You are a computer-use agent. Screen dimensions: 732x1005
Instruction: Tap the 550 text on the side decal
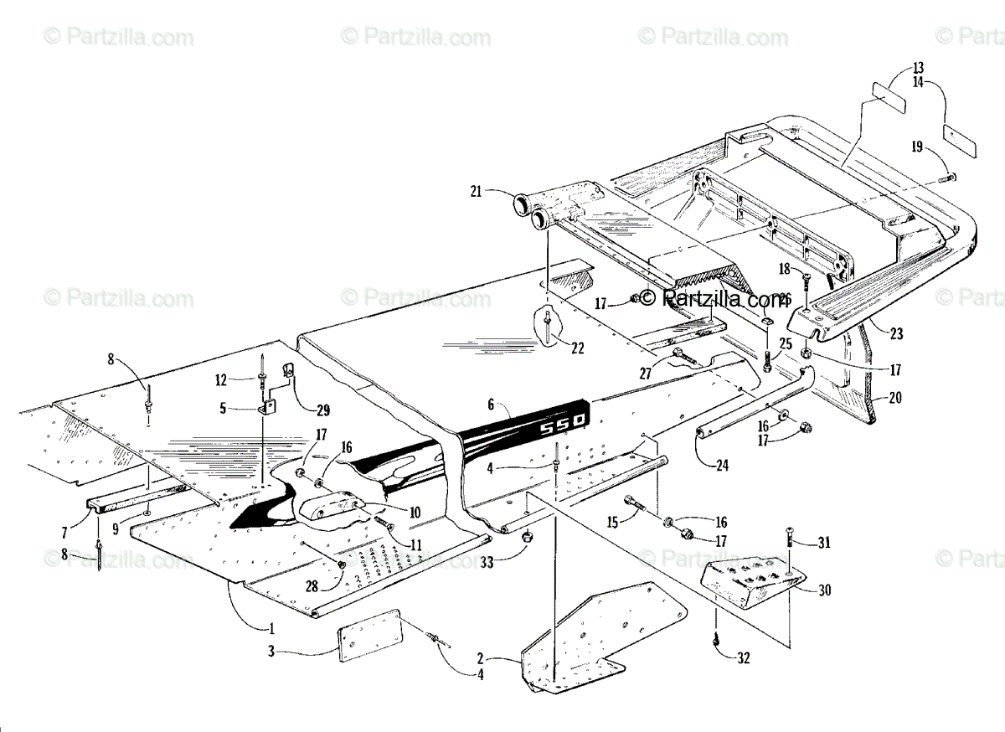(561, 428)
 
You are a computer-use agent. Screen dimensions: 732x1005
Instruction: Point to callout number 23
(897, 333)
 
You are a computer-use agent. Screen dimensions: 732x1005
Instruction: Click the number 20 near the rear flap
(895, 399)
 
